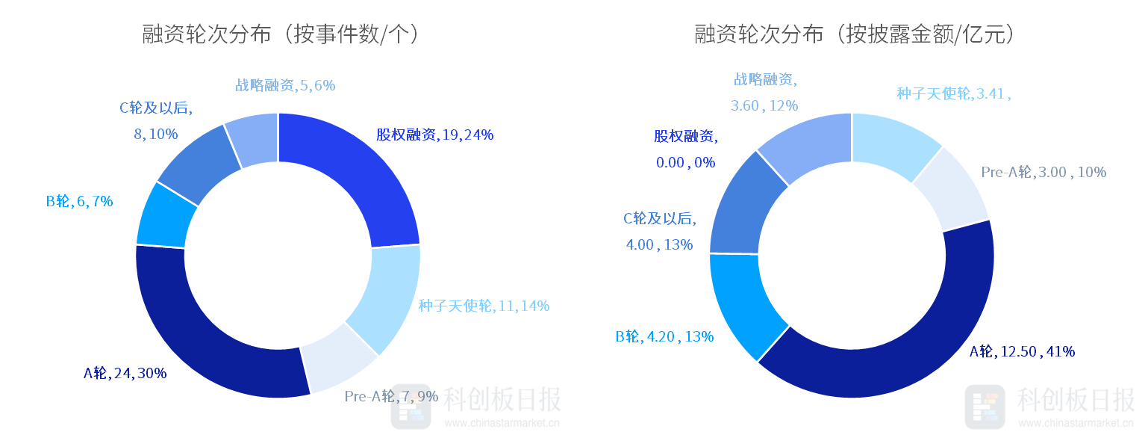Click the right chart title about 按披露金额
[x=855, y=35]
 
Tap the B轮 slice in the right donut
[x=743, y=303]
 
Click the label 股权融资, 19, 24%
[x=434, y=135]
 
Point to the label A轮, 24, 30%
[x=125, y=373]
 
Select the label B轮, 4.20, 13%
[x=664, y=336]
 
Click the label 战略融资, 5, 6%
[x=285, y=85]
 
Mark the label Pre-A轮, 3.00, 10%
[x=1043, y=172]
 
